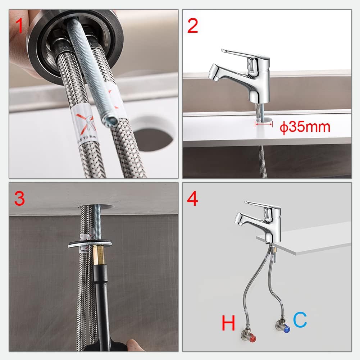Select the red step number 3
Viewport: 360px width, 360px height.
pos(20,198)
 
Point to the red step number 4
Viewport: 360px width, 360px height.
pos(193,198)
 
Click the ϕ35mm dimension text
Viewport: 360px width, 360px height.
pos(305,127)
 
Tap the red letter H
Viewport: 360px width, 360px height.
pos(228,323)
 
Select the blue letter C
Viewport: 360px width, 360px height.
pos(300,320)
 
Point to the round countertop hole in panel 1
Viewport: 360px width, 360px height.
pos(153,135)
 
